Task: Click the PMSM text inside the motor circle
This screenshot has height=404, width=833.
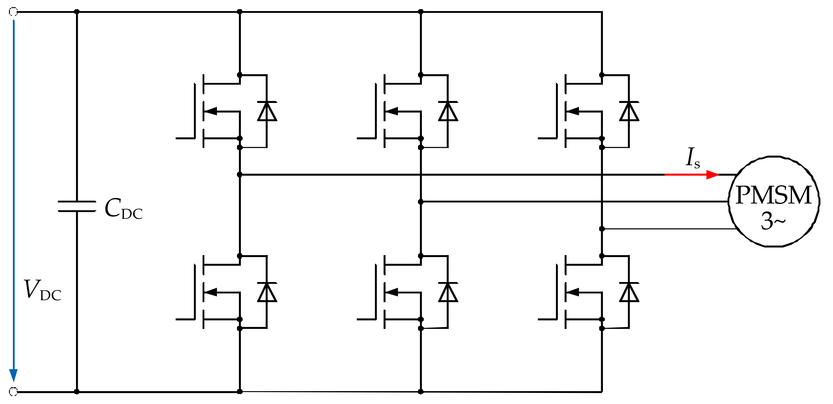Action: [773, 195]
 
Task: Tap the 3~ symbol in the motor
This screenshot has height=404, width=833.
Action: [773, 221]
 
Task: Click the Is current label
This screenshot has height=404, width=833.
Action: [693, 159]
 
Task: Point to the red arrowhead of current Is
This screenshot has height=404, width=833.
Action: [712, 175]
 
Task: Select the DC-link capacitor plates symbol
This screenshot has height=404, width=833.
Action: [77, 206]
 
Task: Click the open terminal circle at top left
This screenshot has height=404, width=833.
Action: [13, 12]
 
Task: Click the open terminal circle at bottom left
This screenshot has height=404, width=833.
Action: [13, 392]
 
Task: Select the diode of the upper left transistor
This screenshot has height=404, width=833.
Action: [267, 111]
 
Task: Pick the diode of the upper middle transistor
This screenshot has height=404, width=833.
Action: [448, 111]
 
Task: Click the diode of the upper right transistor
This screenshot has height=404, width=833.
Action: [629, 111]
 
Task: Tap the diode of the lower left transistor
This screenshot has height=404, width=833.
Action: [267, 292]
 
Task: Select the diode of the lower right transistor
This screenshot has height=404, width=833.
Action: [629, 292]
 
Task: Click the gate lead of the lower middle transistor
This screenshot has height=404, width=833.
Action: [366, 319]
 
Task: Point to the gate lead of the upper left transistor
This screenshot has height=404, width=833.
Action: [185, 138]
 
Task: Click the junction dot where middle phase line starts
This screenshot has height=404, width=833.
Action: [421, 201]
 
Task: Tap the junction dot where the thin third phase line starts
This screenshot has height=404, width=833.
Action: [602, 229]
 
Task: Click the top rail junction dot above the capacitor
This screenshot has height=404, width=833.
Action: [77, 12]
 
